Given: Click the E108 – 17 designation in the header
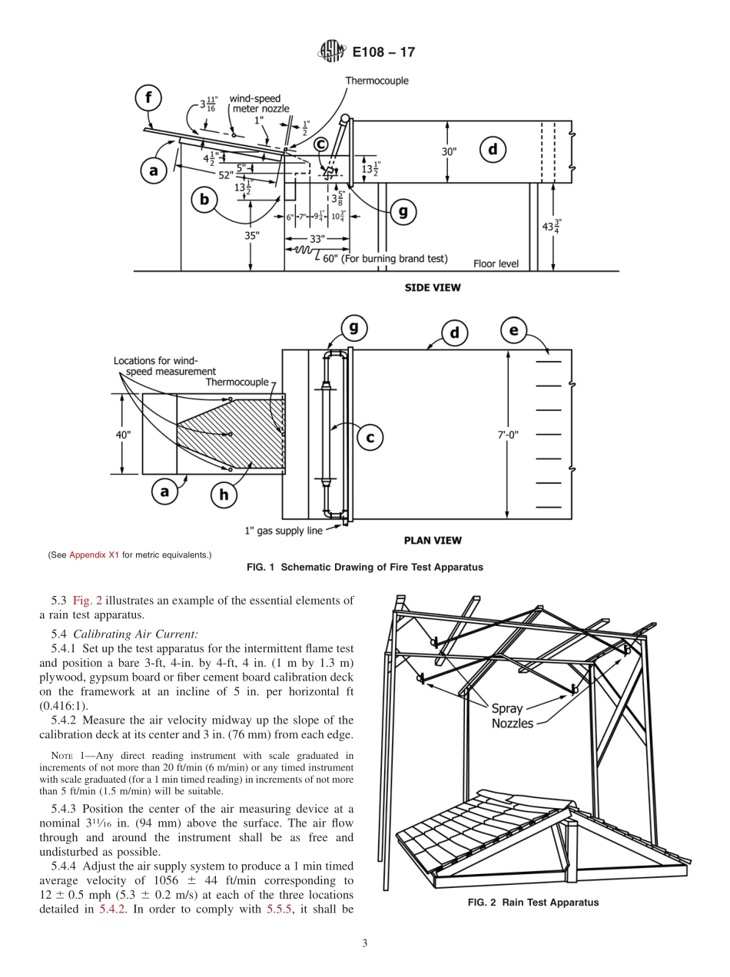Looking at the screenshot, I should pyautogui.click(x=383, y=53).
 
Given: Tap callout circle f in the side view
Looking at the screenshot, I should pyautogui.click(x=148, y=98).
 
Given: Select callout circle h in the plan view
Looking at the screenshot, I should pyautogui.click(x=224, y=495).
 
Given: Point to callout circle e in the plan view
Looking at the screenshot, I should pyautogui.click(x=513, y=332).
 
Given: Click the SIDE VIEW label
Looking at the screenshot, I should pyautogui.click(x=433, y=288).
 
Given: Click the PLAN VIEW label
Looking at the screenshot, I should pyautogui.click(x=433, y=540).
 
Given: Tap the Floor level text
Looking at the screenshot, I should pyautogui.click(x=496, y=263).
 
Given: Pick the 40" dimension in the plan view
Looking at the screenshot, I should pyautogui.click(x=123, y=435).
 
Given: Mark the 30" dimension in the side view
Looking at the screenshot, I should pyautogui.click(x=449, y=151).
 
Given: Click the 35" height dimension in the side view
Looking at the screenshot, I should pyautogui.click(x=251, y=236).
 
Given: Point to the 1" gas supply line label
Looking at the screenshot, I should pyautogui.click(x=282, y=530).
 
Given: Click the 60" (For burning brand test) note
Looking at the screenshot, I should pyautogui.click(x=385, y=258).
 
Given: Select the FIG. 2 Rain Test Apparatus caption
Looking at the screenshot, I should pyautogui.click(x=533, y=902).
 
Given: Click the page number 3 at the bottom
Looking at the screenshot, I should pyautogui.click(x=365, y=944).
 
